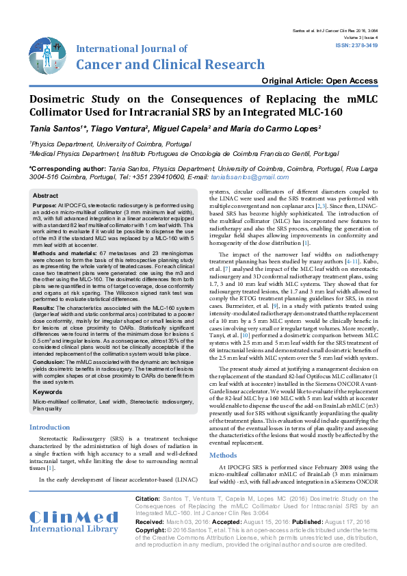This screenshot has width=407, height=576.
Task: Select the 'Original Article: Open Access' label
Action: point(324,81)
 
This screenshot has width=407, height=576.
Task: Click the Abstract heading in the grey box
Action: point(46,196)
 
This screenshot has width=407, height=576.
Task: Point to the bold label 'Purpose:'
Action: point(45,205)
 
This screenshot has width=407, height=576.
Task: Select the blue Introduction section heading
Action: point(49,427)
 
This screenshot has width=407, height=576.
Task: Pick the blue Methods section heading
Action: point(223,455)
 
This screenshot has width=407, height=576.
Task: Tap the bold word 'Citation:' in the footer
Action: point(148,500)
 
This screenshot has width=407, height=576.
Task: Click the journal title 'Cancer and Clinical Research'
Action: point(171,65)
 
